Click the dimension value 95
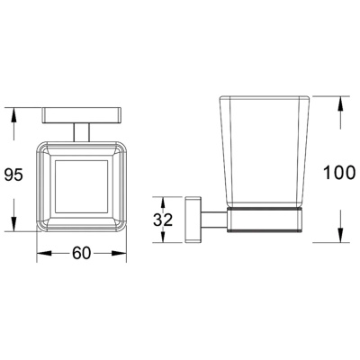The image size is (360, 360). pyautogui.click(x=13, y=175)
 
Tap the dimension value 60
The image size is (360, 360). pyautogui.click(x=81, y=254)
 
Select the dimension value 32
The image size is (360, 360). pyautogui.click(x=163, y=220)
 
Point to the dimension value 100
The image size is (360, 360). pyautogui.click(x=339, y=173)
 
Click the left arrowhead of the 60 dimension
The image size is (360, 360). pyautogui.click(x=42, y=254)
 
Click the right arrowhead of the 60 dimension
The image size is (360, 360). pyautogui.click(x=120, y=254)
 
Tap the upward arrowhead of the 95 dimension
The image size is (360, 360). pyautogui.click(x=13, y=114)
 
